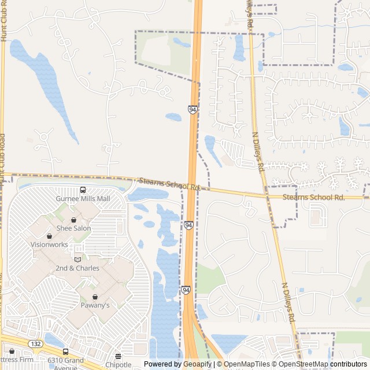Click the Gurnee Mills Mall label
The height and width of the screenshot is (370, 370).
(83, 198)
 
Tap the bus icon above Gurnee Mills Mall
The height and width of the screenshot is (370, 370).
(83, 190)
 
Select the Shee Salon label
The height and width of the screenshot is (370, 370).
(74, 228)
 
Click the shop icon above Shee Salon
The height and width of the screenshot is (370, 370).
(74, 220)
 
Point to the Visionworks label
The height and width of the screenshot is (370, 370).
(49, 245)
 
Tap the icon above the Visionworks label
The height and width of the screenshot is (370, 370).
(49, 236)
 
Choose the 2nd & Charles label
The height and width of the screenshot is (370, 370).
(77, 268)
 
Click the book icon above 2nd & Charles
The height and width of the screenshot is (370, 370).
(77, 260)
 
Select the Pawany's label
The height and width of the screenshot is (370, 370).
(95, 305)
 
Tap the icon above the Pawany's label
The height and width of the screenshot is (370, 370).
(95, 297)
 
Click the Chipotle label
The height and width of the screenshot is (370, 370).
(119, 365)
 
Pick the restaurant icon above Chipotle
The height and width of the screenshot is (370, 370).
(119, 356)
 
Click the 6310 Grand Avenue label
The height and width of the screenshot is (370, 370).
(66, 363)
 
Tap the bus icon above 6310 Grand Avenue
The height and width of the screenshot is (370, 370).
(65, 351)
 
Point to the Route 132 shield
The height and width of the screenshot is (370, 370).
(36, 343)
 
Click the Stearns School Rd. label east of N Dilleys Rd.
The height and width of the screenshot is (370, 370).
(314, 198)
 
